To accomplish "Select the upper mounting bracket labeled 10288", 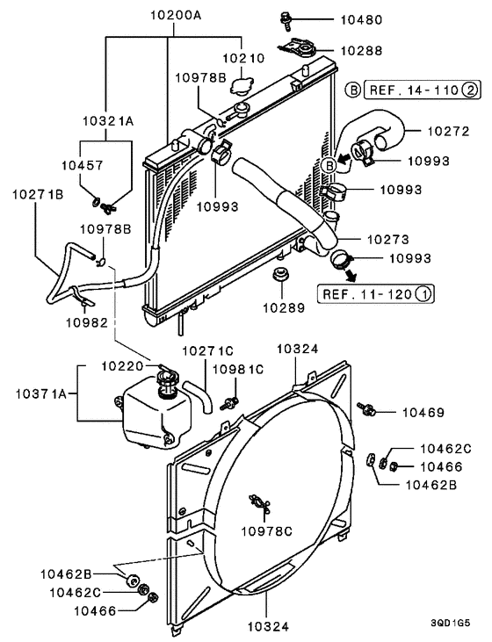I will point(296,50).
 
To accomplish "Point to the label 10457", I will point(81,164).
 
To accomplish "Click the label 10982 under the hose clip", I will point(86,322).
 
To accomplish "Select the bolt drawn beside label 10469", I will point(366,408).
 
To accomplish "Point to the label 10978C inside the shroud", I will point(264,531).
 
